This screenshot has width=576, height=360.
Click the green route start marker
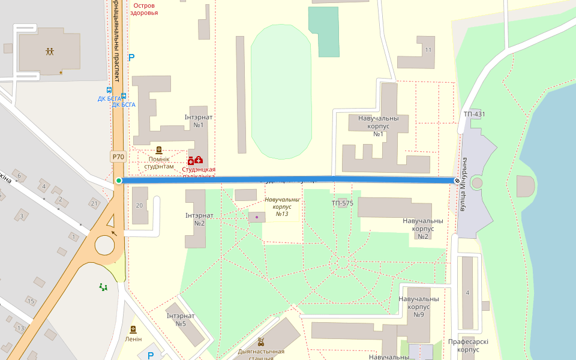119,181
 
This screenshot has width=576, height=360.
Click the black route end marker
457,181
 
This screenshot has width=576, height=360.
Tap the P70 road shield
118,157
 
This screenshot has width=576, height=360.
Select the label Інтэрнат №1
199,121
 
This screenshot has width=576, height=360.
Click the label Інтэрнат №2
199,219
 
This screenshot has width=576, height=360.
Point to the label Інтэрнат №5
181,320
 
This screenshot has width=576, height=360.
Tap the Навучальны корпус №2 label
423,229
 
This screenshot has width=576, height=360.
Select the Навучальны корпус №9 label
419,307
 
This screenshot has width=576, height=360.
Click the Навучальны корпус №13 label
282,206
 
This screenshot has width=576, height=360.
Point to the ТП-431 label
474,114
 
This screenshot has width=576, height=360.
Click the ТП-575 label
343,203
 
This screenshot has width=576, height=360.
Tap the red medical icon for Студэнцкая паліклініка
195,160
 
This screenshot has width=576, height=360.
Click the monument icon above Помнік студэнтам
159,150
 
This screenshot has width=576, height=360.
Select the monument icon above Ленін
133,329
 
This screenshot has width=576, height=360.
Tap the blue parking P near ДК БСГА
132,58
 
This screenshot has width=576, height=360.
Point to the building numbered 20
139,205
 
